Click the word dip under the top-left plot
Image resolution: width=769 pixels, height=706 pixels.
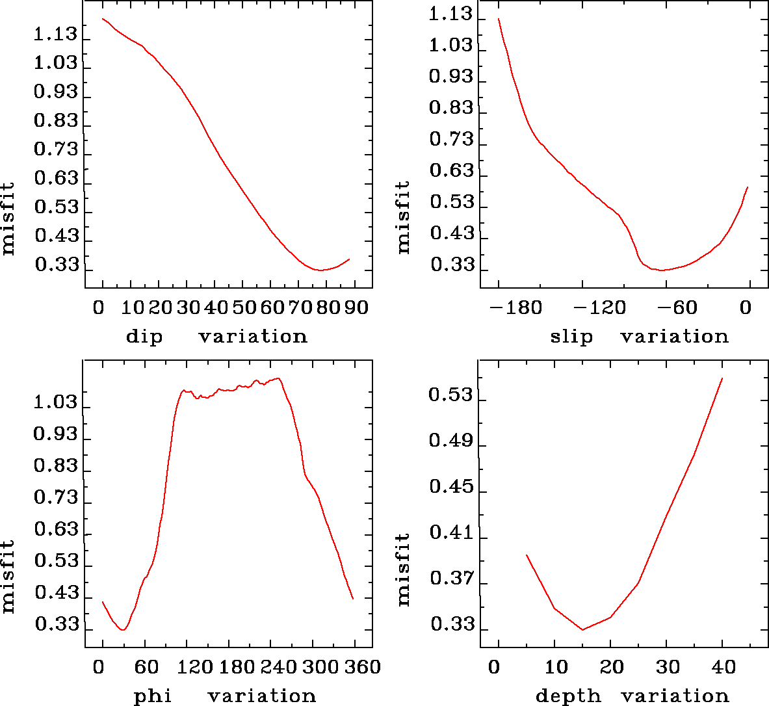coord(144,337)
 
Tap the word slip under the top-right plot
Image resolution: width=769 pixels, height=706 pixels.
coord(571,337)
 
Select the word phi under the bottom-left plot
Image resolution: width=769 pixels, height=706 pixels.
coord(153,696)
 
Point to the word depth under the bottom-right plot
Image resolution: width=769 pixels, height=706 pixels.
coord(568,696)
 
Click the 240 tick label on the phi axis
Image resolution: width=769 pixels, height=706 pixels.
coord(279,667)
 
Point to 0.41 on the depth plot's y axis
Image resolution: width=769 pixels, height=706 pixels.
coord(449,533)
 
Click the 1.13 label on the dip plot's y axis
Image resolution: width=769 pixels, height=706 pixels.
coord(55,34)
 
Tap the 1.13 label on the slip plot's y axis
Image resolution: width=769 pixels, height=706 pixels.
coord(450,14)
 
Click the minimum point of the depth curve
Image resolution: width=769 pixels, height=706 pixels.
coord(582,629)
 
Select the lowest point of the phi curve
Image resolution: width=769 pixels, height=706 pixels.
coord(122,630)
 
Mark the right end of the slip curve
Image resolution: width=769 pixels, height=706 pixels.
coord(748,187)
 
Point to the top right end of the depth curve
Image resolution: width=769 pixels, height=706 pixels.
coord(722,378)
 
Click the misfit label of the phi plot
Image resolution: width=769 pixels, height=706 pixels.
coord(8,576)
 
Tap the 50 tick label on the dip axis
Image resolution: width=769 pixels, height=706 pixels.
coord(242,307)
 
